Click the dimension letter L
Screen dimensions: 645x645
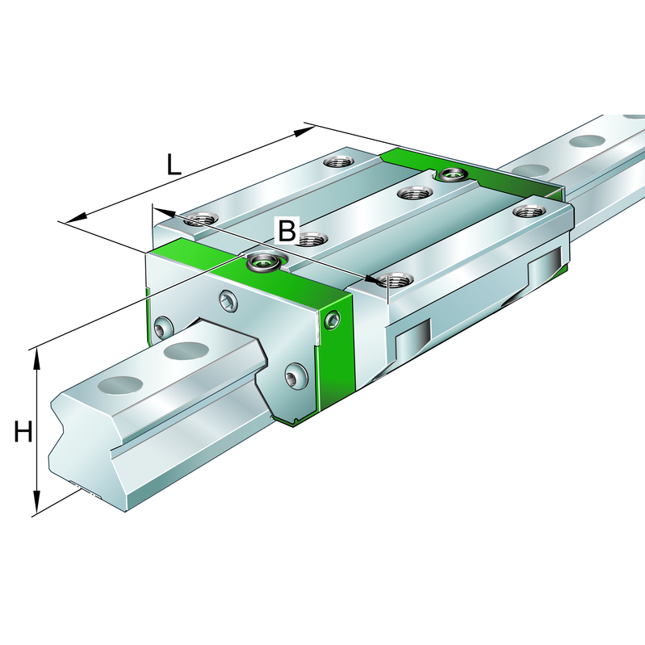tap(174, 165)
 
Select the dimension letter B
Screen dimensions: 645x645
tap(287, 231)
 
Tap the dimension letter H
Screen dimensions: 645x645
tap(23, 433)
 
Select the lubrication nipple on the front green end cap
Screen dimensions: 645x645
tap(262, 260)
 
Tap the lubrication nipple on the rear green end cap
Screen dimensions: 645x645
tap(450, 174)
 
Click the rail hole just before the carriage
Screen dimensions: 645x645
tap(186, 351)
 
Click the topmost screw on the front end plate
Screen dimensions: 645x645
tap(228, 302)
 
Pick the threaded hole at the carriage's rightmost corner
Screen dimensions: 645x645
tap(530, 212)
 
